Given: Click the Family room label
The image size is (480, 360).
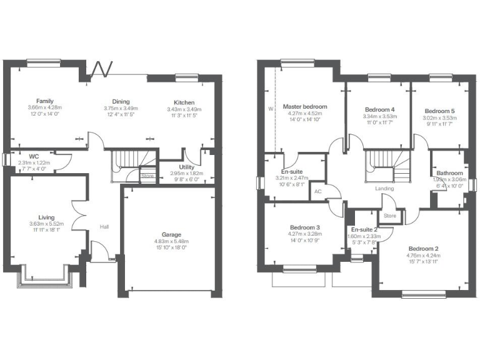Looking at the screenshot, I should coord(44,101).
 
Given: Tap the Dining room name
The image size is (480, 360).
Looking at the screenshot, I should coord(121,102).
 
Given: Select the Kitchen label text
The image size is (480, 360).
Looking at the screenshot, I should coord(184,102).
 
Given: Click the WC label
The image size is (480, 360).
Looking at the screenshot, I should coord(34,156).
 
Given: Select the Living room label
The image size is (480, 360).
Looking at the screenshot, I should coord(46,218).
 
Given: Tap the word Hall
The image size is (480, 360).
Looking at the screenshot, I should coord(104,227).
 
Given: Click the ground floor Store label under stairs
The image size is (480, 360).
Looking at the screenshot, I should coord(147,176).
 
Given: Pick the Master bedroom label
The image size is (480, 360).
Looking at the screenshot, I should coord(305,107).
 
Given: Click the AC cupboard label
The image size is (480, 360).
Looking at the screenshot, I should coord(317,192).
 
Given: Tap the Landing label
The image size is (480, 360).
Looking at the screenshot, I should coord(384,188).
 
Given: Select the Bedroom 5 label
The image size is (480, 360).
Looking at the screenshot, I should coord(441,110).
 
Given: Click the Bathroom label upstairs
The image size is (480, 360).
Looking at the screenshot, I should coord(450,173).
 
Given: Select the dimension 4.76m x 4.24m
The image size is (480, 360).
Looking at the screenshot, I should coord(424,256).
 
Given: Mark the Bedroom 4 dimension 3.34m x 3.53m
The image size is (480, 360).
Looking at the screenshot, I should coord(379,117).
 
